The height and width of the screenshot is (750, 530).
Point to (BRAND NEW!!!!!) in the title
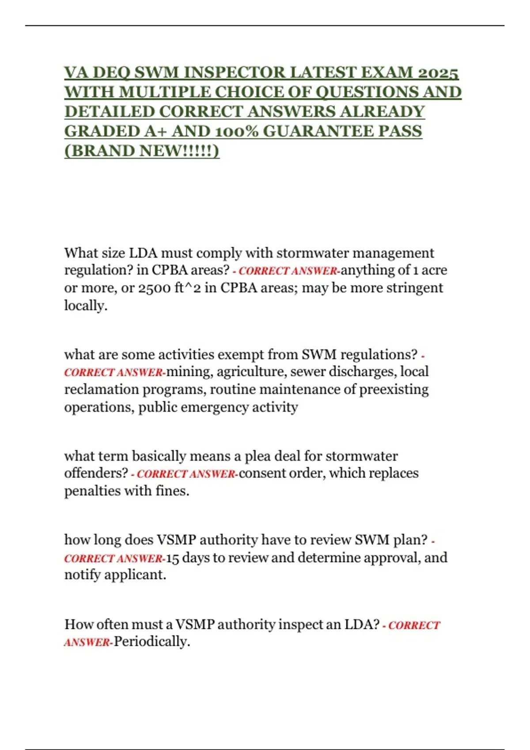click(142, 151)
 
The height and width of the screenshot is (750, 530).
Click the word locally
click(86, 305)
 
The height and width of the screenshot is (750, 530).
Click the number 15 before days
click(172, 558)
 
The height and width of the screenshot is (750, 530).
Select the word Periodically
click(151, 642)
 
